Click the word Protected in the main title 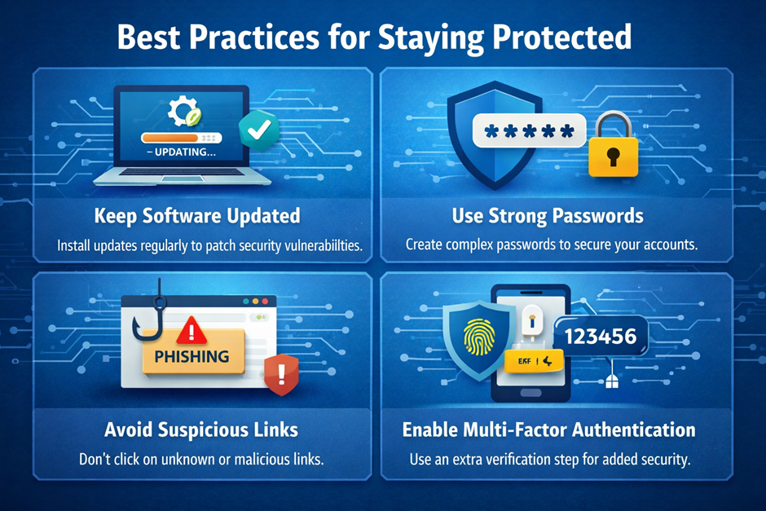561,37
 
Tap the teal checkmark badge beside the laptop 259,130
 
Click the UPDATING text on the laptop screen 181,152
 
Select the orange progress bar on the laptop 169,138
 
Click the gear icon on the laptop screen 183,110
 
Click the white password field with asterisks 529,130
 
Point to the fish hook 149,313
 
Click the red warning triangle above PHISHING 191,330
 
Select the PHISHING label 192,356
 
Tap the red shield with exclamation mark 281,374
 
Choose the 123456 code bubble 601,336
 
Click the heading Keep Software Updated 197,216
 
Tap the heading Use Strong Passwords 548,216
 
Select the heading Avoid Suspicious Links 201,430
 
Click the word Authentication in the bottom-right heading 634,430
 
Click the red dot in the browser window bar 266,302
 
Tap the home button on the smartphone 530,393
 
